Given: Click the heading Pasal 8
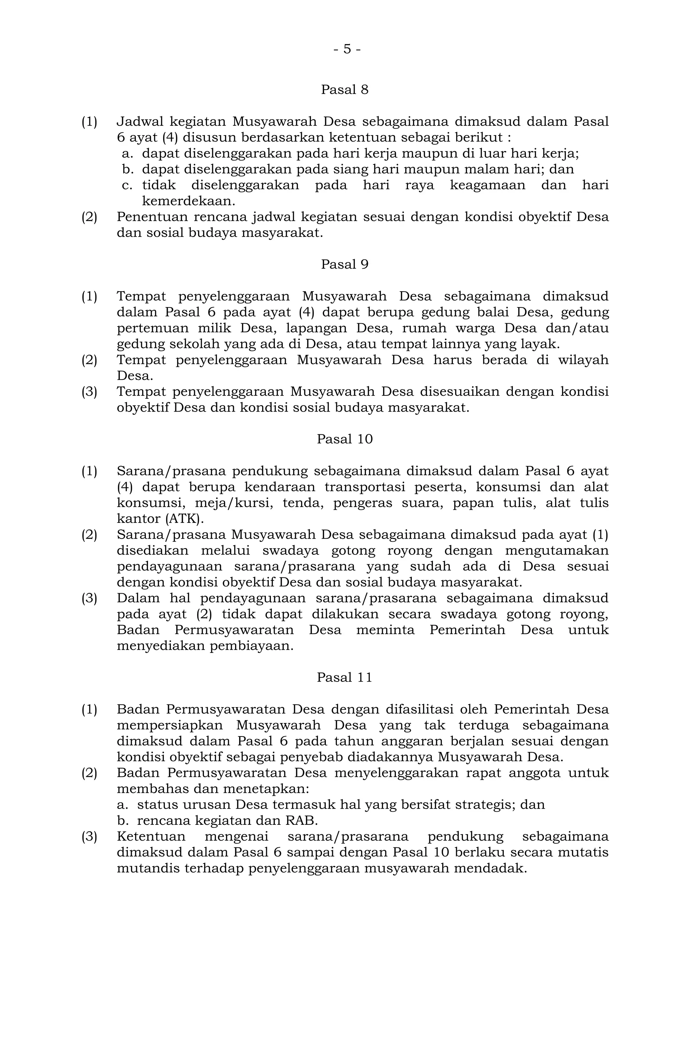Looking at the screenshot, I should [344, 90].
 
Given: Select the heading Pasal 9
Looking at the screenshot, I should [344, 265].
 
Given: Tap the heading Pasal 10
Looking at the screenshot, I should [344, 439].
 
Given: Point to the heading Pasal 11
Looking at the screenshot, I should [344, 678].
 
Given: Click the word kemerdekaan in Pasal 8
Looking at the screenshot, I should [188, 201].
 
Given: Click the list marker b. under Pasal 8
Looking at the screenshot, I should [128, 169].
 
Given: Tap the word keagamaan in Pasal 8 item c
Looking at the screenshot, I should [487, 185].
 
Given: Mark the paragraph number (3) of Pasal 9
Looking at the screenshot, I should [89, 392].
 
